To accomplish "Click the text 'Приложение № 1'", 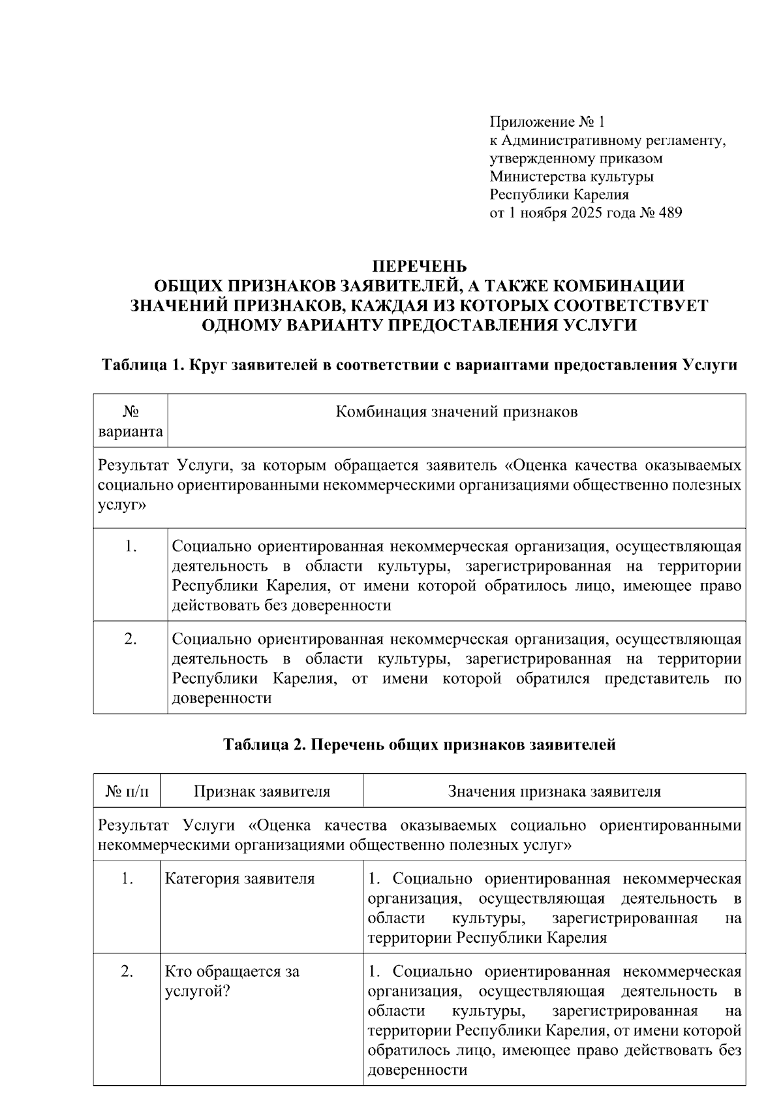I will tap(547, 122).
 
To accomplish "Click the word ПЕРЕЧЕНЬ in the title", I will tap(419, 266).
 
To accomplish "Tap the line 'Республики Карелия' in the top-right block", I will tap(559, 195).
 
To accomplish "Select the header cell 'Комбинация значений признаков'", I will tap(456, 412).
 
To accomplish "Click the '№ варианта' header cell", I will tap(130, 422).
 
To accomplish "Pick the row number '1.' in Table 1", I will tap(130, 546).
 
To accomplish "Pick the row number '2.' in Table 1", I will tap(130, 639).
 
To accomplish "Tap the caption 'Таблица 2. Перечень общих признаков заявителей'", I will tap(419, 744).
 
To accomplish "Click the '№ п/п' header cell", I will tap(127, 792).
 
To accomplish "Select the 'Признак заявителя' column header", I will tap(262, 792).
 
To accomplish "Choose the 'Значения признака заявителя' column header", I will tap(554, 792).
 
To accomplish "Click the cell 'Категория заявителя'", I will tap(239, 879).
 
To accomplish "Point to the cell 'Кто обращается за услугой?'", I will tap(232, 981).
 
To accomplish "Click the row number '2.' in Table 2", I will tap(127, 972).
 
